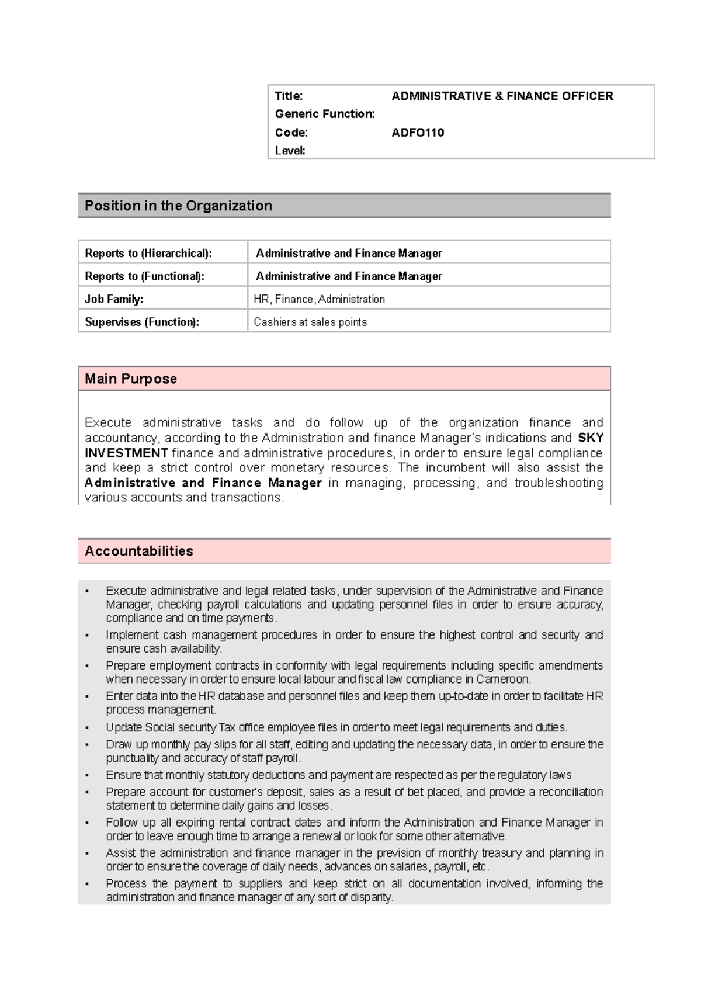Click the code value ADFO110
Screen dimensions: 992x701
(x=418, y=133)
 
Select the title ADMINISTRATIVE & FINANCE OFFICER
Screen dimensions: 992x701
(x=502, y=96)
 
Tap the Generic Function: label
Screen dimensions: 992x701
(x=325, y=114)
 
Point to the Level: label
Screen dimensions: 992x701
(x=290, y=151)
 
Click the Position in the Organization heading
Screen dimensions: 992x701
(x=178, y=206)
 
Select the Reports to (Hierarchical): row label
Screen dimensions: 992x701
(x=148, y=253)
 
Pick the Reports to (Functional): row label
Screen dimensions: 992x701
(x=145, y=276)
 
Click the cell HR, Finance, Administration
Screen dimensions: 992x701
(x=319, y=299)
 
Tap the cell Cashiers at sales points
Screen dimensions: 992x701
(x=310, y=322)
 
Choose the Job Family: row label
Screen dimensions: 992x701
(x=114, y=299)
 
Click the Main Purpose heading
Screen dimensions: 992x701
(x=131, y=379)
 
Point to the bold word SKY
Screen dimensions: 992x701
(x=591, y=438)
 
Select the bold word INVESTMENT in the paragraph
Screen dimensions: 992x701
(x=126, y=453)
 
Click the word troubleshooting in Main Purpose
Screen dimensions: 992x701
(x=558, y=483)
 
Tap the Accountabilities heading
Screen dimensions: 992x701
(x=139, y=551)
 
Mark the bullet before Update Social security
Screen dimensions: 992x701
(x=87, y=728)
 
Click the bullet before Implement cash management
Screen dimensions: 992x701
(x=87, y=636)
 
